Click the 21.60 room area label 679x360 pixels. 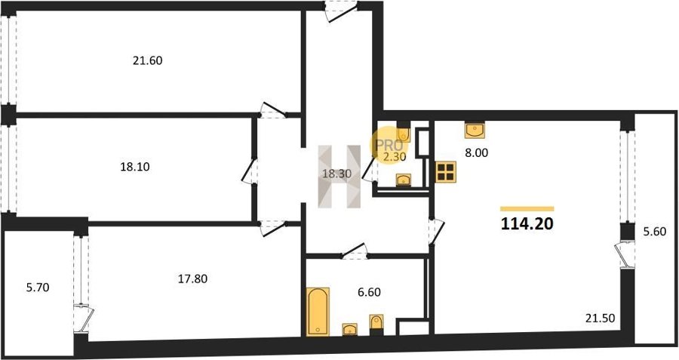coord(148,60)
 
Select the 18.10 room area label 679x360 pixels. coord(135,167)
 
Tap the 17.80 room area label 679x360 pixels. coord(192,279)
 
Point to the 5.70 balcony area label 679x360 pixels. coord(38,288)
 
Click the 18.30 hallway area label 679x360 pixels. coord(336,174)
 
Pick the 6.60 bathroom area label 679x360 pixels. coord(369,292)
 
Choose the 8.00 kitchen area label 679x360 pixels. coord(476,153)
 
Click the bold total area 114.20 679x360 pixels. coord(527,224)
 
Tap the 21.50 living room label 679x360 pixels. coord(601,318)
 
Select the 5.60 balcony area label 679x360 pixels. coord(654,232)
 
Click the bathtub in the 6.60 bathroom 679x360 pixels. coord(318,312)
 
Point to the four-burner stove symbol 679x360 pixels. coord(446,171)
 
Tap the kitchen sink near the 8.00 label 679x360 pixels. coord(475,130)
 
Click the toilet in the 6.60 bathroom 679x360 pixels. coord(376,324)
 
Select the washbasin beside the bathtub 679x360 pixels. coord(350,329)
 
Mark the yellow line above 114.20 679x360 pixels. coord(527,209)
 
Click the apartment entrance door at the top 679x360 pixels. coord(342,11)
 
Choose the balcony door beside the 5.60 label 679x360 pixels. coord(625,255)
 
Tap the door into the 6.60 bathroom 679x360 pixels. coord(355,251)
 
